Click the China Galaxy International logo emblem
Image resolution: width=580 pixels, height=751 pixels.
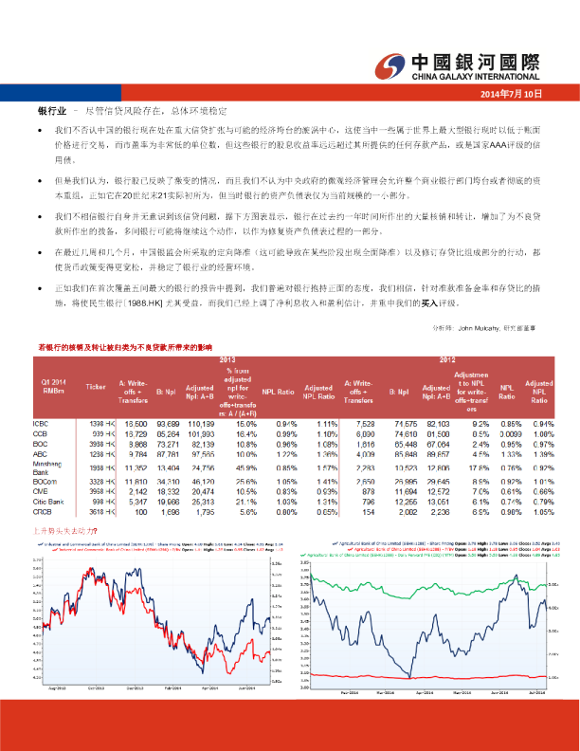pos(390,64)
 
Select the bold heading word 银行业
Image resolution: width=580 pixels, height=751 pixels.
pos(50,111)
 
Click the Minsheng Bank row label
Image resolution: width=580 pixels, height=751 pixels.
pos(46,467)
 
